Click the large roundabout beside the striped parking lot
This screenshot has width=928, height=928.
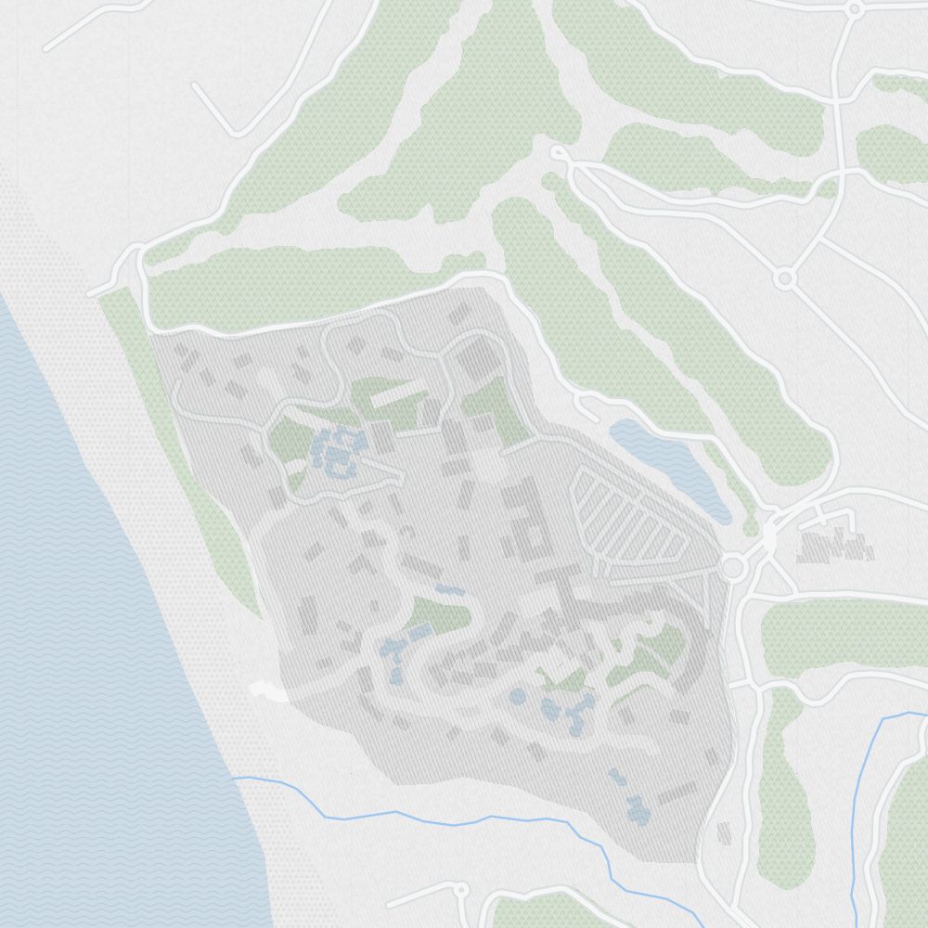tap(733, 565)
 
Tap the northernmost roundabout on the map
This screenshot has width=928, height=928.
tap(854, 8)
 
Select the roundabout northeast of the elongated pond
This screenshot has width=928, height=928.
tap(785, 277)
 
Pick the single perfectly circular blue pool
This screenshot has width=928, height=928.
tap(518, 696)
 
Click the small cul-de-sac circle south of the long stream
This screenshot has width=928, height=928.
tap(459, 890)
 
